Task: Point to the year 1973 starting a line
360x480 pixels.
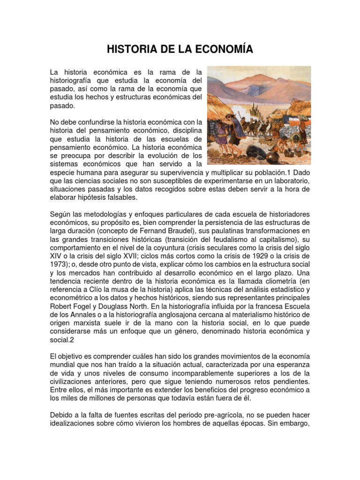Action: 59,264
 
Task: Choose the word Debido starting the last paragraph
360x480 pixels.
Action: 62,416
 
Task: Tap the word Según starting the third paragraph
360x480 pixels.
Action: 60,214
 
